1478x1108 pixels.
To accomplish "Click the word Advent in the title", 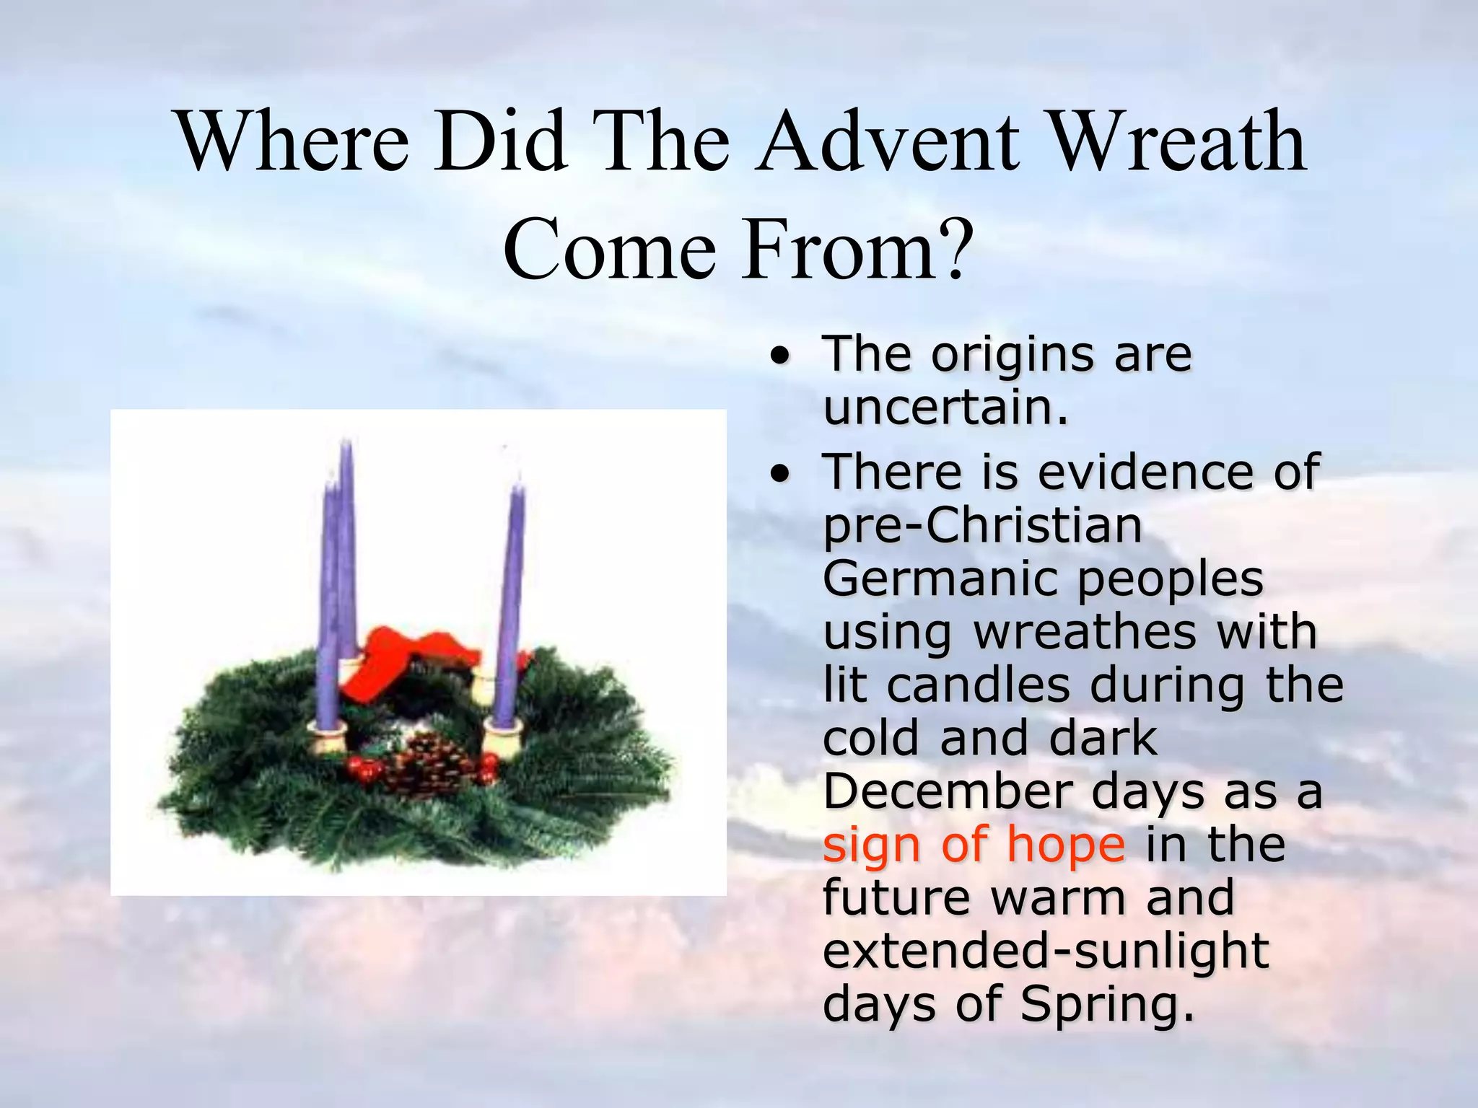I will coord(888,142).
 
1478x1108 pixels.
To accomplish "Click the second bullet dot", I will coord(778,474).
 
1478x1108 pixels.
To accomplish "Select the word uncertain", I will coord(944,409).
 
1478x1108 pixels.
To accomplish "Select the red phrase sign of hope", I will coord(973,845).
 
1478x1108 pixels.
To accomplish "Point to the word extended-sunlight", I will coord(1045,951).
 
